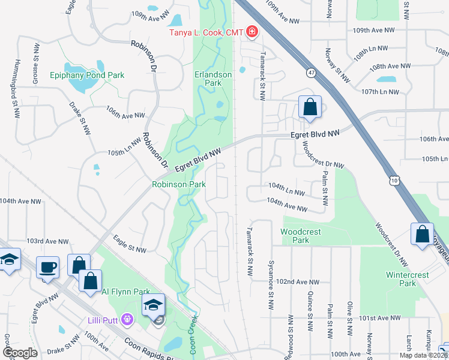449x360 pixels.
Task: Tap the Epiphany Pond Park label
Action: tap(88, 76)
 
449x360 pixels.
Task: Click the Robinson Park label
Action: tap(175, 185)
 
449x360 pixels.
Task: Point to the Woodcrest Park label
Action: tap(301, 236)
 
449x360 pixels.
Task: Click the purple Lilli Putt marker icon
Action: tap(127, 317)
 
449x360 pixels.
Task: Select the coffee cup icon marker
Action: tap(47, 268)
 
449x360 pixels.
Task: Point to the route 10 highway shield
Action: tap(394, 180)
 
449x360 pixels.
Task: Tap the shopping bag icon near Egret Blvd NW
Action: tap(310, 107)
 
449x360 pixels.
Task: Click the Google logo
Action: tap(20, 353)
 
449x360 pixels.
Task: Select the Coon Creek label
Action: tap(194, 336)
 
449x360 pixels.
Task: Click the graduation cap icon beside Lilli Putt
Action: tap(154, 305)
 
